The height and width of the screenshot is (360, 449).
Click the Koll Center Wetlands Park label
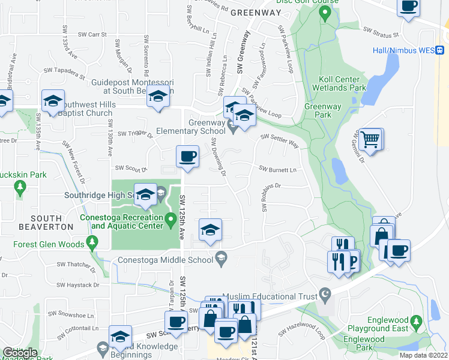(x=339, y=83)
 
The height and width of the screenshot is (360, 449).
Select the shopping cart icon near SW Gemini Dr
(x=371, y=140)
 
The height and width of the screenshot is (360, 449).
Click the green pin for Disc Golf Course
(x=325, y=14)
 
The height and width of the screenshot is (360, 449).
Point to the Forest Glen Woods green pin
(x=92, y=244)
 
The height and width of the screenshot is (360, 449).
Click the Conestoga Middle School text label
(x=165, y=260)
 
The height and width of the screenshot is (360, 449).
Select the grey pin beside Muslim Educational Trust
(x=325, y=295)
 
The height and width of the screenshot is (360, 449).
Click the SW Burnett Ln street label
(x=279, y=170)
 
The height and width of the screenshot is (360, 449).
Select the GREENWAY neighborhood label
(x=256, y=11)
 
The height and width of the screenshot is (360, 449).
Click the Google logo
(x=19, y=353)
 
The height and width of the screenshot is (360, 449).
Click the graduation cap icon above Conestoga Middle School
(x=210, y=230)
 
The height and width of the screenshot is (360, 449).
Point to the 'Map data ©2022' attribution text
(x=423, y=355)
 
